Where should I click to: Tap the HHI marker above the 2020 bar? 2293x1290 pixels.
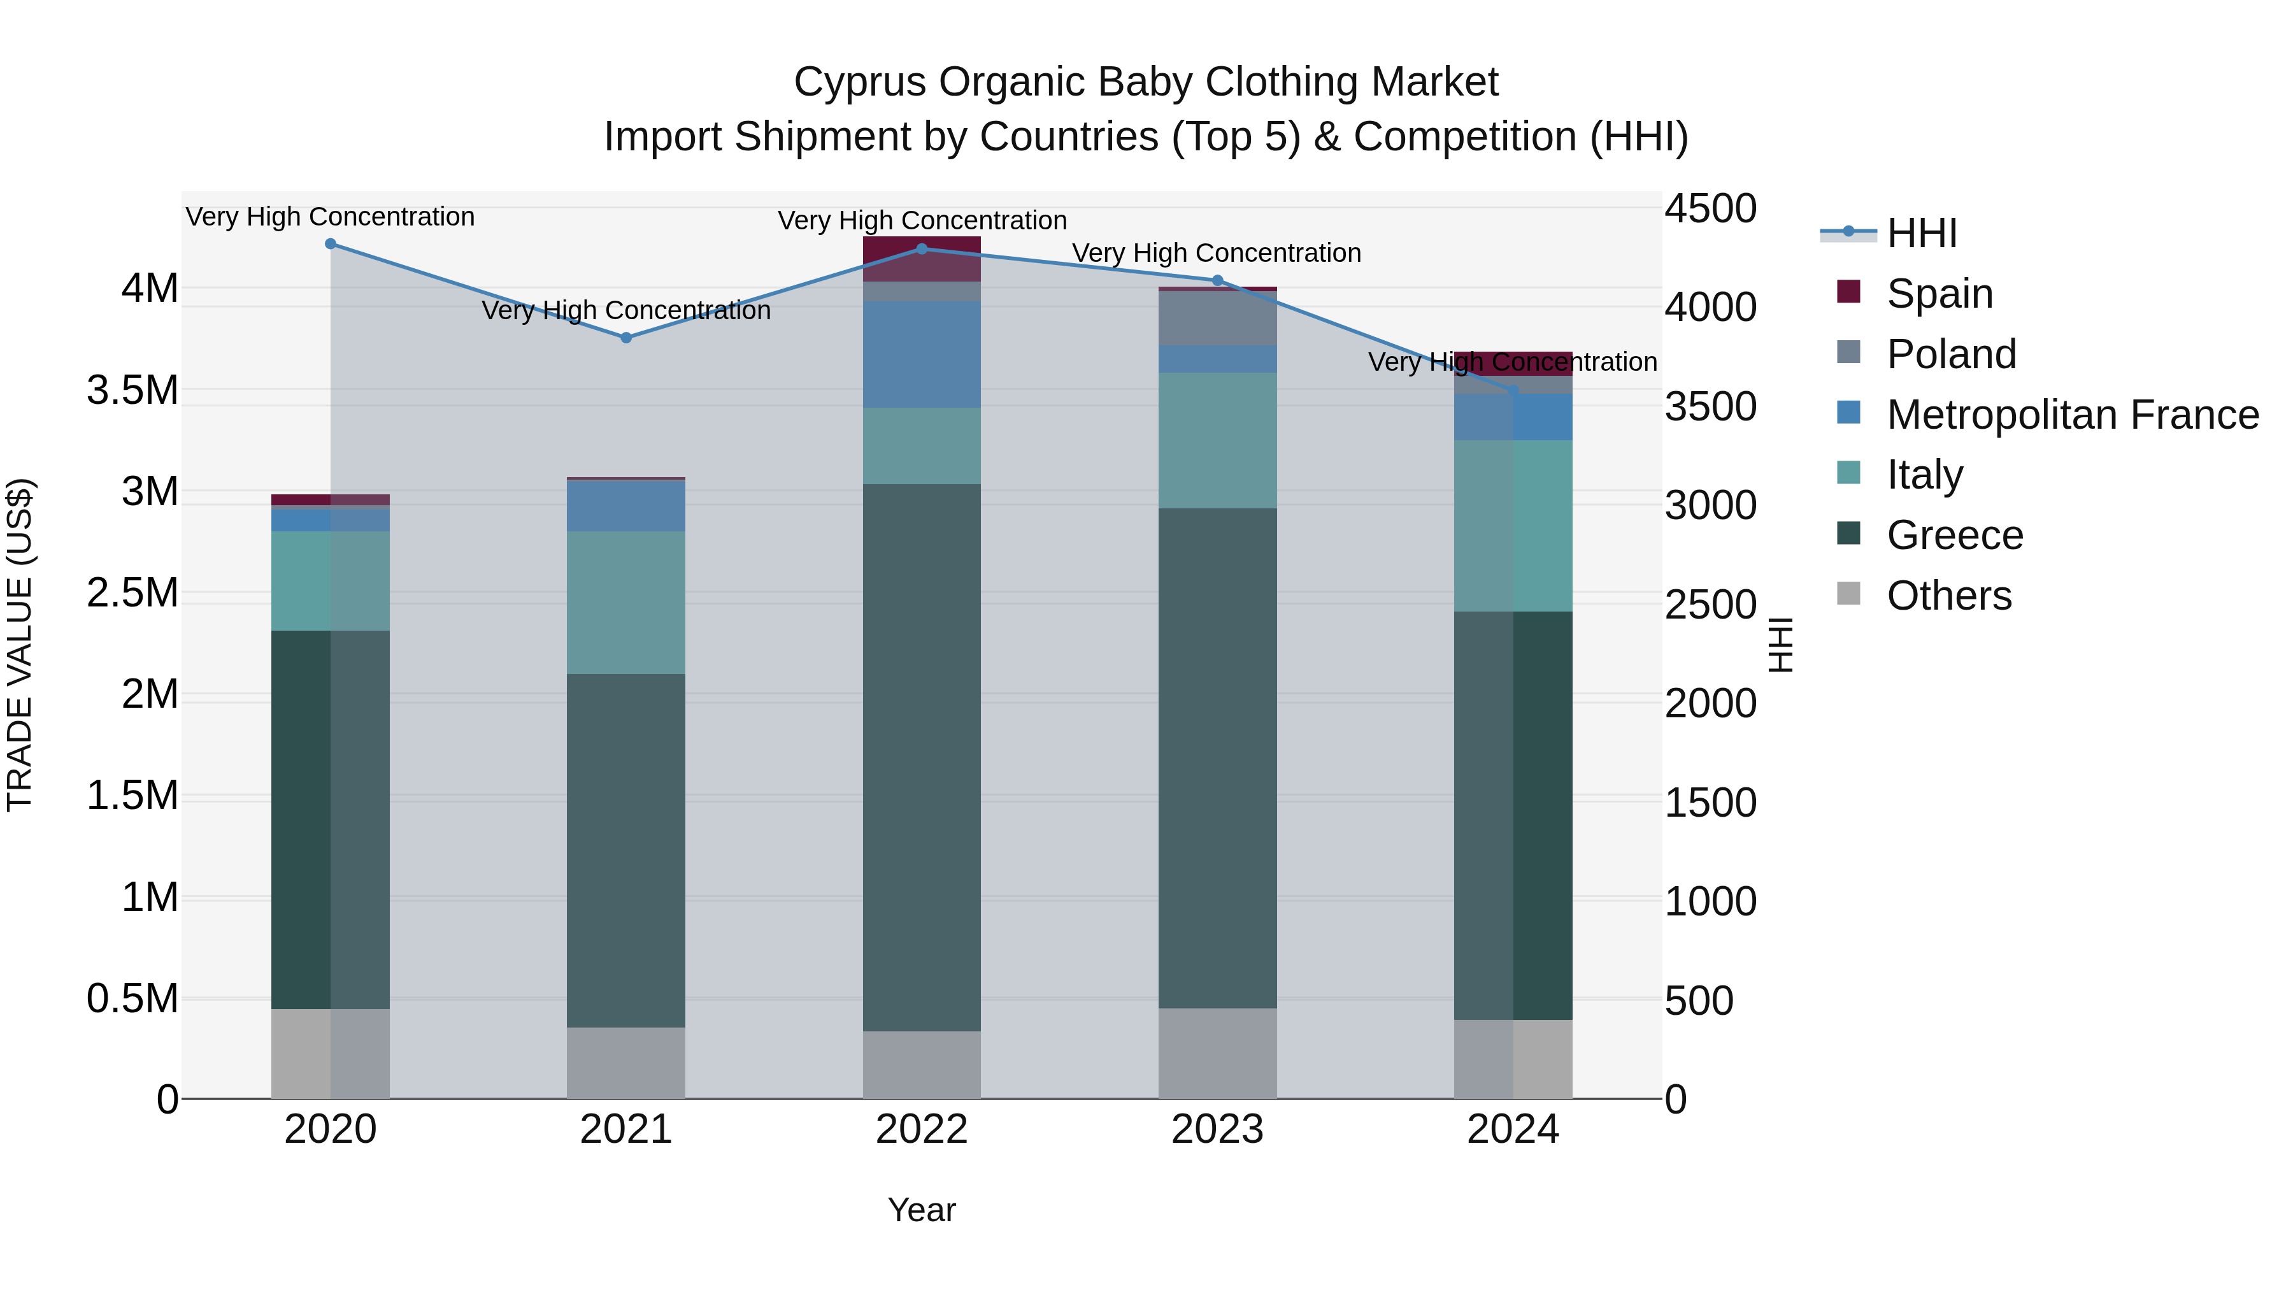[330, 244]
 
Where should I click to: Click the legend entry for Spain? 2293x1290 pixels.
[1939, 294]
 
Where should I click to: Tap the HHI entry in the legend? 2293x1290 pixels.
[1921, 233]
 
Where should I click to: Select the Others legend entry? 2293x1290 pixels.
[1948, 596]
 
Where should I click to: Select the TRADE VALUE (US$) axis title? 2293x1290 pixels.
[20, 645]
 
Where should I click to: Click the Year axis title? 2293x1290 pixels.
[921, 1210]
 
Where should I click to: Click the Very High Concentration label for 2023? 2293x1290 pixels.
[1216, 253]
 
